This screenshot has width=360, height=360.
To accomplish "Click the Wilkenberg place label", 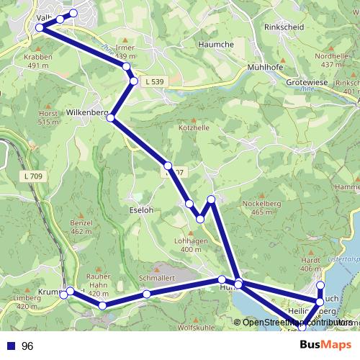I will (x=86, y=113).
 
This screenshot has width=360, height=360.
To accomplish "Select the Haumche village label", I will (x=215, y=44).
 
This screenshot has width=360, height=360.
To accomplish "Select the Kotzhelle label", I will (x=194, y=127).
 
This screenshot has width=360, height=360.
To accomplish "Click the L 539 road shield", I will (x=153, y=82).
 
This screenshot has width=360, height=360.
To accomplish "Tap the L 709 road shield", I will (x=32, y=176).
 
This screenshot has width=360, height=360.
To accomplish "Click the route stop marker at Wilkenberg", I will (x=111, y=117).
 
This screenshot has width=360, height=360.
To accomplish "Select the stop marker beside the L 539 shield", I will (x=134, y=81).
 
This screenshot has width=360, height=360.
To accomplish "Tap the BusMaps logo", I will (x=326, y=346).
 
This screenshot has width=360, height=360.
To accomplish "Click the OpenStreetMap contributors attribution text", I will (x=297, y=323).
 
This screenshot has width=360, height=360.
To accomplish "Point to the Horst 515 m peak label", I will (x=48, y=118).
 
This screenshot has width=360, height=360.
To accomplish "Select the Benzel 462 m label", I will (x=81, y=228).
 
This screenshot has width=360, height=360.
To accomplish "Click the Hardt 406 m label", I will (x=310, y=264).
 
